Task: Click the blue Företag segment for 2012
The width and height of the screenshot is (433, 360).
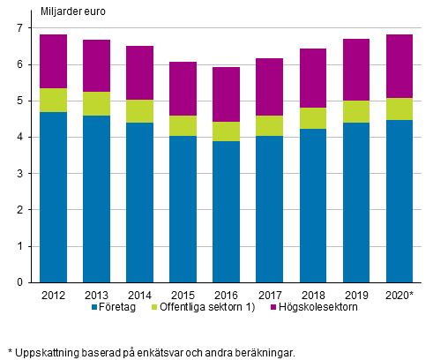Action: pos(54,197)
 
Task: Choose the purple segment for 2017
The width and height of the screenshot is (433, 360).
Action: pos(270,87)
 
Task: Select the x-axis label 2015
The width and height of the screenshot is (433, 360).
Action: pos(183,295)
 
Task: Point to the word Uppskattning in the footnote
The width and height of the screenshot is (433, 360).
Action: pos(44,353)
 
